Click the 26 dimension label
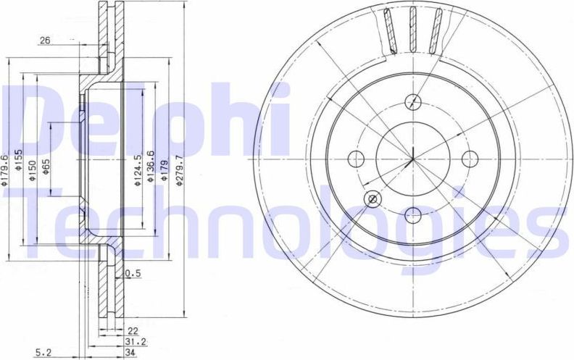[45, 41]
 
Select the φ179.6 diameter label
[5, 170]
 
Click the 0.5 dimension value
[132, 274]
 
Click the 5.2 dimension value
[43, 353]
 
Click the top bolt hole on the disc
[413, 101]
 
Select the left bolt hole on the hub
[357, 158]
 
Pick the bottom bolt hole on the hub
[413, 214]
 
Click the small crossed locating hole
[373, 198]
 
